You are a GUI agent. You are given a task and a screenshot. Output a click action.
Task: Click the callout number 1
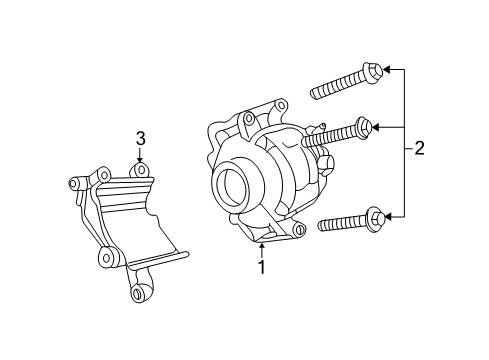261,267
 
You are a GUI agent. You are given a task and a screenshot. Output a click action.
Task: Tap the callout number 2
419,149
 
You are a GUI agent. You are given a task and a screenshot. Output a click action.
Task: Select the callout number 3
141,138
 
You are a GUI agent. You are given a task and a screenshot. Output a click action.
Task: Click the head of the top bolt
372,71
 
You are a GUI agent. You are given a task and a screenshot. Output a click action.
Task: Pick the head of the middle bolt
366,127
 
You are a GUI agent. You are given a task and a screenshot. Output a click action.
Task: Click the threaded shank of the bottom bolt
341,222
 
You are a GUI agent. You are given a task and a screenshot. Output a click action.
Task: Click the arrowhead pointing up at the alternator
261,242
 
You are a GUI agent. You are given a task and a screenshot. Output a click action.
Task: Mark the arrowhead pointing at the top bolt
387,70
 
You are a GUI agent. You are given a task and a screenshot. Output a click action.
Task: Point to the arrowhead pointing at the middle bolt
381,127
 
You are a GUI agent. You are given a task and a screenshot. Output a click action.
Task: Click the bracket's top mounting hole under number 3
141,171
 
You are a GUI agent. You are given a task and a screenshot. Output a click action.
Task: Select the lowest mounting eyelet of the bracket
140,293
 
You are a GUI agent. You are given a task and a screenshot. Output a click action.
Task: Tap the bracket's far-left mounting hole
74,183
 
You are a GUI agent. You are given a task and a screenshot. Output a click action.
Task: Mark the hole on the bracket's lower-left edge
105,257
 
